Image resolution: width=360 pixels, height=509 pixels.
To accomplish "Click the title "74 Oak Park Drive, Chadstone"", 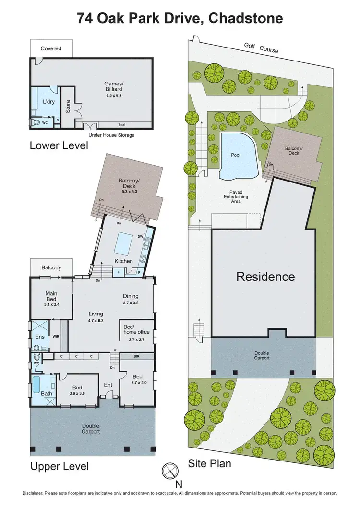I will click(180, 19).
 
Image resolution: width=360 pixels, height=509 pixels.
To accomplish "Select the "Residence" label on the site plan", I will click(265, 277).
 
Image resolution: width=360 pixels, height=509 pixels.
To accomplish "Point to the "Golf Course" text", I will click(261, 48).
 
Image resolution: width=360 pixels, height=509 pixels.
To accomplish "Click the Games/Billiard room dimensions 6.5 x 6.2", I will click(114, 95).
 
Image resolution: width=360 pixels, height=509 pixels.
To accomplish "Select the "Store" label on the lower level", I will click(68, 106).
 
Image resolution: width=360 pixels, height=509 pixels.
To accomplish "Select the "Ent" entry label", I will click(108, 385).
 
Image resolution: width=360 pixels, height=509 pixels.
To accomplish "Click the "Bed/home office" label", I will click(137, 329).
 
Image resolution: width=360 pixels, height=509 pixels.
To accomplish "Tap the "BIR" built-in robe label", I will click(136, 357).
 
